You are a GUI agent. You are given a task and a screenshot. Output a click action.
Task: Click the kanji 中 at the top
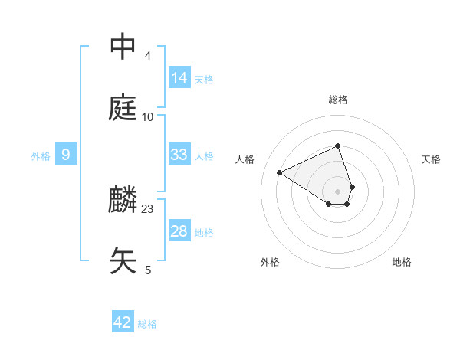(x=123, y=47)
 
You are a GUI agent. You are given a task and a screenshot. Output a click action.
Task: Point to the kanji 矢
(x=123, y=260)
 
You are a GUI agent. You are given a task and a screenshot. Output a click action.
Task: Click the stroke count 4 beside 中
(x=148, y=55)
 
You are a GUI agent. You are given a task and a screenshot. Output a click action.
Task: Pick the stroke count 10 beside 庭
(x=148, y=116)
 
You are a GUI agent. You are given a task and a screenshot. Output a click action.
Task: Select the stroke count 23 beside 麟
(x=148, y=208)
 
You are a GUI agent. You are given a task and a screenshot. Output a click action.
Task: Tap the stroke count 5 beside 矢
(x=148, y=270)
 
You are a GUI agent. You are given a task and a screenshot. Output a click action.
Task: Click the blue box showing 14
(x=179, y=78)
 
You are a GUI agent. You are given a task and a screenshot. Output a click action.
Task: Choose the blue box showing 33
(x=179, y=155)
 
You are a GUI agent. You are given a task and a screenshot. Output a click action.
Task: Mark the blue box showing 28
(x=179, y=231)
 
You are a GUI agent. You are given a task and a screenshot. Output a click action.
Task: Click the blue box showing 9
(x=66, y=155)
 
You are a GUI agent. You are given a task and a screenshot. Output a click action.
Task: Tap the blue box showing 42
(x=123, y=322)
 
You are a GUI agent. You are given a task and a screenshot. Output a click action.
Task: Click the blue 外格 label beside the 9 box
(x=41, y=155)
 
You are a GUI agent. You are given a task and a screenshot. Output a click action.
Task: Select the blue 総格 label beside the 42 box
(x=147, y=324)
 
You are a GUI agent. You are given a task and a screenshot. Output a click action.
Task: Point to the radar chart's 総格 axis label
(x=338, y=100)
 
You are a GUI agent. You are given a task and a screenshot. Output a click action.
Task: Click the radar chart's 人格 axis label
(x=245, y=159)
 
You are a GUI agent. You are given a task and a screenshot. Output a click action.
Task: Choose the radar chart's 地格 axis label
(x=402, y=262)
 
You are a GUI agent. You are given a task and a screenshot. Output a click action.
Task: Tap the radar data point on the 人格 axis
(x=280, y=172)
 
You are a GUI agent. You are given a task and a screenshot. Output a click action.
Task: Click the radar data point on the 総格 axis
(x=338, y=146)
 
